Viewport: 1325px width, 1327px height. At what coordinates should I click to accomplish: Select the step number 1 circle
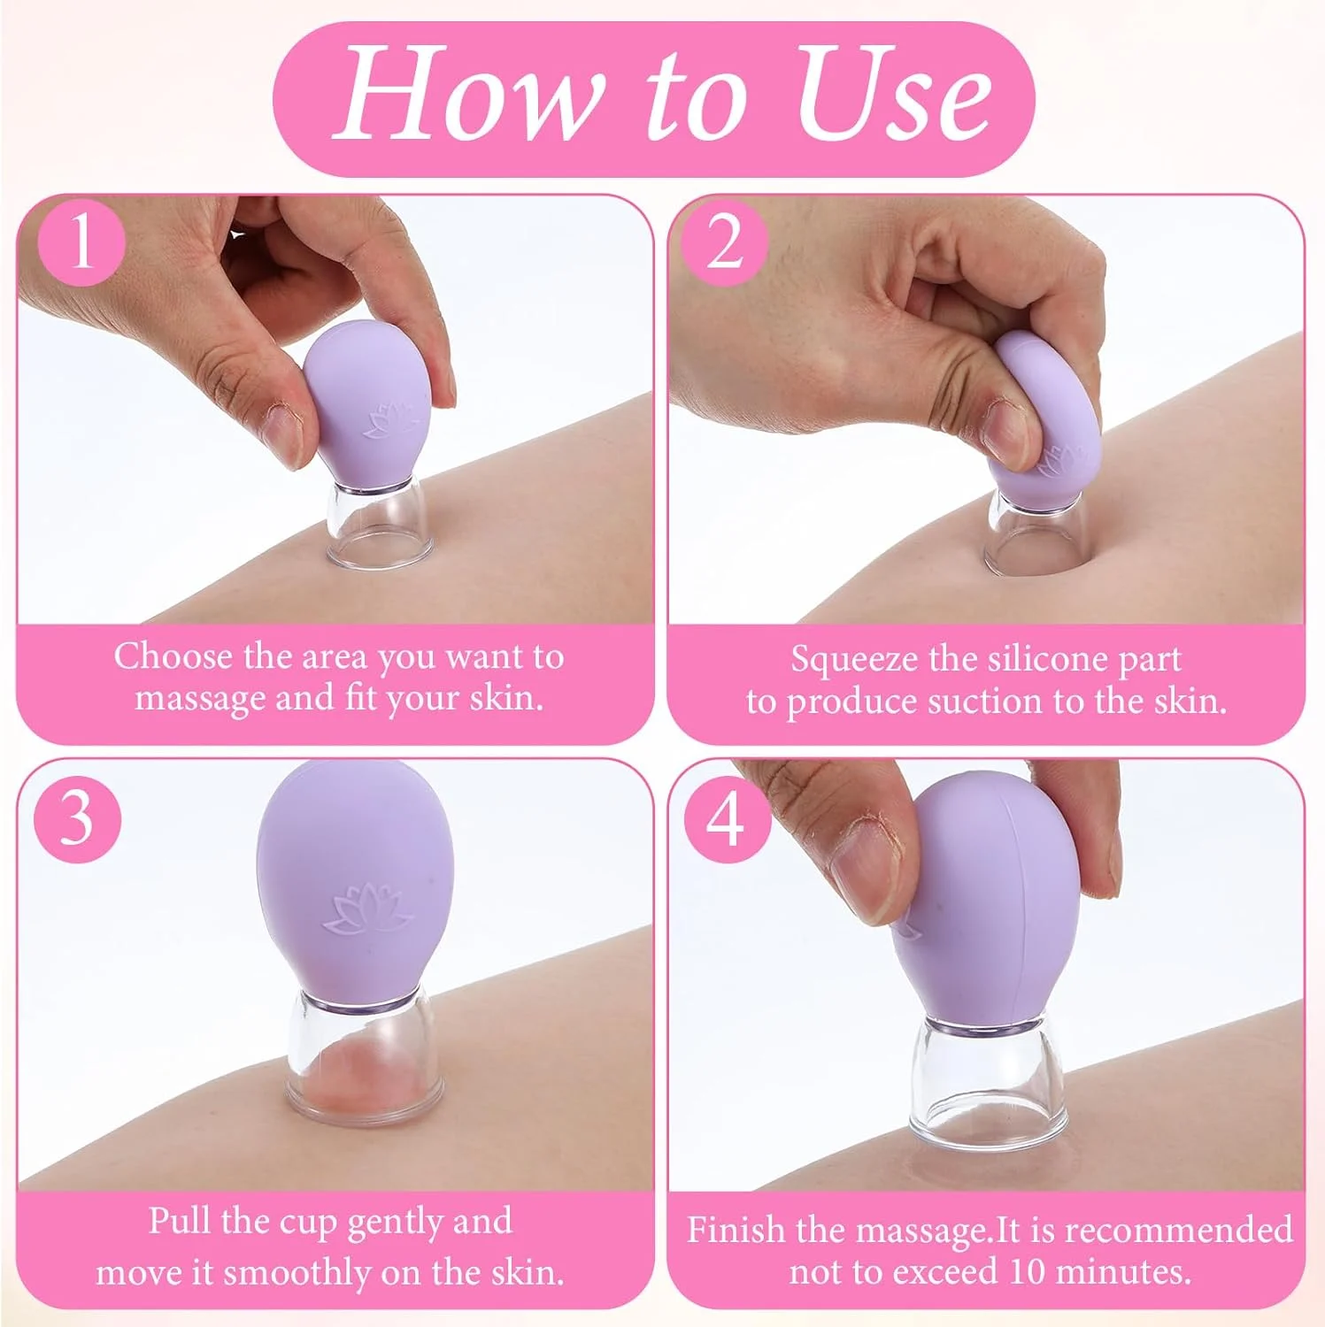tap(81, 242)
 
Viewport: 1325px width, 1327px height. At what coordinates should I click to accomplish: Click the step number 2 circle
tap(726, 242)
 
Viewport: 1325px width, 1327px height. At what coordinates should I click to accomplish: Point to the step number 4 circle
tap(726, 818)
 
